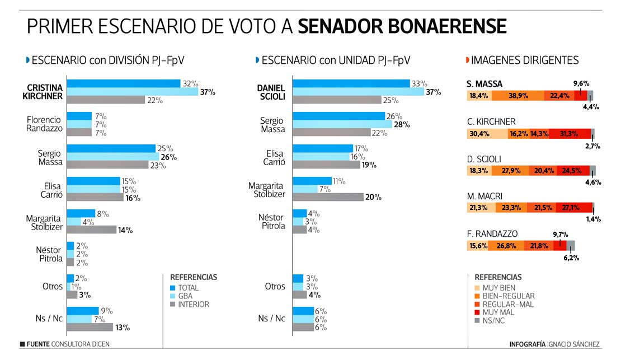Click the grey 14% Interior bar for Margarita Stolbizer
click(91, 230)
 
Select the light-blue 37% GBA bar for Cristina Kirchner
click(133, 92)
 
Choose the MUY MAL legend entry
click(477, 312)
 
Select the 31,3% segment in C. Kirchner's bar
click(570, 134)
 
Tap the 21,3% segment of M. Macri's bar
click(481, 207)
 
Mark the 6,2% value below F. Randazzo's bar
click(571, 258)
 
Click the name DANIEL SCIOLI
click(271, 92)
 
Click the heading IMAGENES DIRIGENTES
click(525, 60)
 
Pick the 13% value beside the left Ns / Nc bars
click(123, 328)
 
